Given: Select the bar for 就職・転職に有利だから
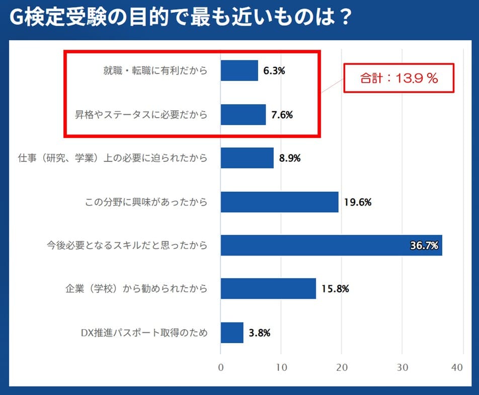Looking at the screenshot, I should pos(239,70).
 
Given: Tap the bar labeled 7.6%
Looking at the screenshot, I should pos(243,114).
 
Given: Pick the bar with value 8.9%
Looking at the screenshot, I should pos(247,158).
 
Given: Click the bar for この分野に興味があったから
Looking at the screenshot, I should pos(279,202).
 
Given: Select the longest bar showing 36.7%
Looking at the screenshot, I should pos(331,245).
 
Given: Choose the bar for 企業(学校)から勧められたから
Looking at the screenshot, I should pos(268,289).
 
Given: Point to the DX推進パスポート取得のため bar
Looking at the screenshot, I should pos(232,333).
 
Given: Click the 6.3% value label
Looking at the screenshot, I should pos(275,71).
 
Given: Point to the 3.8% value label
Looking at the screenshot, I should pos(260,333).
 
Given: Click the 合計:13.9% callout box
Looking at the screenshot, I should pos(399,78).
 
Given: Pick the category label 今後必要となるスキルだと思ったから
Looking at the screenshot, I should pos(127,246).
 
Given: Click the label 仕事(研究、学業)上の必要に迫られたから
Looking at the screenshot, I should pos(112,159).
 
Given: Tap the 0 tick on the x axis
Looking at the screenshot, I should pos(221,368).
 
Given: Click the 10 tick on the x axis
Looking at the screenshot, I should pos(281,368).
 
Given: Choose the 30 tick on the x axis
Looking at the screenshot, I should pos(402,368).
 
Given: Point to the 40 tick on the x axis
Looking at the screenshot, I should pos(457,368).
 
